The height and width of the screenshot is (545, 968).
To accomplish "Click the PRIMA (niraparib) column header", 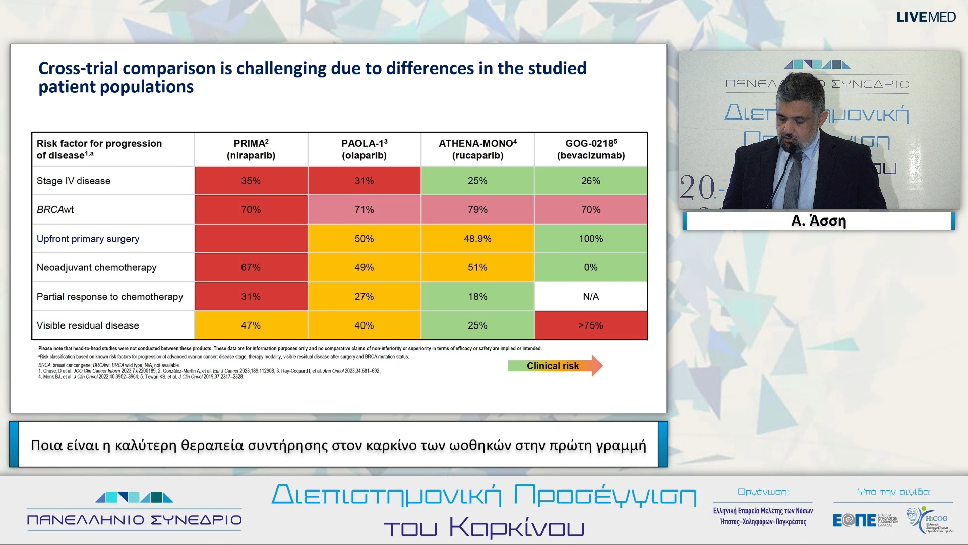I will click(251, 149).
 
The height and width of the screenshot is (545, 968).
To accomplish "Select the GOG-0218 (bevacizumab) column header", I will click(591, 149).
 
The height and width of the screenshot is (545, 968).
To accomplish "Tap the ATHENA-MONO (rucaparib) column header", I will click(477, 149).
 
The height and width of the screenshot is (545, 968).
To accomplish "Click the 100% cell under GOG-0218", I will click(591, 239).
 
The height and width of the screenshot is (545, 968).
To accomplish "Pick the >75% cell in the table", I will click(591, 325).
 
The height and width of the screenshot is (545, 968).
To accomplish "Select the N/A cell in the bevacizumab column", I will click(591, 297).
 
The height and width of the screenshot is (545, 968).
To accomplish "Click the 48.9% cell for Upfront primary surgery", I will click(477, 239).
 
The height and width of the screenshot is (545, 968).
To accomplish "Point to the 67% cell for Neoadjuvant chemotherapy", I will click(251, 267).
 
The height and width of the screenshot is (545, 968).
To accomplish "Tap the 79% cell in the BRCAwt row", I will click(477, 209).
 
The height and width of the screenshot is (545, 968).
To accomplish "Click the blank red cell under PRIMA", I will click(251, 239).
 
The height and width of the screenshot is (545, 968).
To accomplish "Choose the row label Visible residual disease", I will click(88, 325).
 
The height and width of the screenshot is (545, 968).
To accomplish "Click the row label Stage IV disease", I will click(74, 181).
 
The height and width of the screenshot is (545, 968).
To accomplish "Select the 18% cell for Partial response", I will click(477, 297).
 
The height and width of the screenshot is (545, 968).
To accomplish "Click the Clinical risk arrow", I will click(555, 366).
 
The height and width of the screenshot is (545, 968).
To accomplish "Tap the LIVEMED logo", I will click(926, 17).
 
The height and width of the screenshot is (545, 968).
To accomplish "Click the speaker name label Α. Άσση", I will click(818, 221).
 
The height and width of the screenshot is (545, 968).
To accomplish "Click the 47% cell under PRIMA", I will click(251, 325).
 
